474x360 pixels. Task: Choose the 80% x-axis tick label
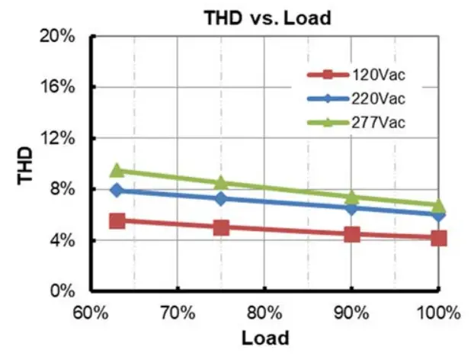pyautogui.click(x=264, y=313)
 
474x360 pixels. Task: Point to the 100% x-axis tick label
pyautogui.click(x=437, y=313)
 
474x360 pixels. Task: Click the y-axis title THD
pyautogui.click(x=25, y=164)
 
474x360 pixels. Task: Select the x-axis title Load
pyautogui.click(x=264, y=338)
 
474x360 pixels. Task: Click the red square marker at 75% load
pyautogui.click(x=222, y=227)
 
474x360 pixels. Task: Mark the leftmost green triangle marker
pyautogui.click(x=117, y=170)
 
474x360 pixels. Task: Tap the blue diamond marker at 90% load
pyautogui.click(x=352, y=207)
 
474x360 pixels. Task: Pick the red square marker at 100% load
pyautogui.click(x=439, y=238)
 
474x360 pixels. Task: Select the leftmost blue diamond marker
pyautogui.click(x=117, y=189)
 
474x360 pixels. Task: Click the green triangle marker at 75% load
pyautogui.click(x=222, y=183)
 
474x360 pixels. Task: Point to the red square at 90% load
pyautogui.click(x=352, y=234)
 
